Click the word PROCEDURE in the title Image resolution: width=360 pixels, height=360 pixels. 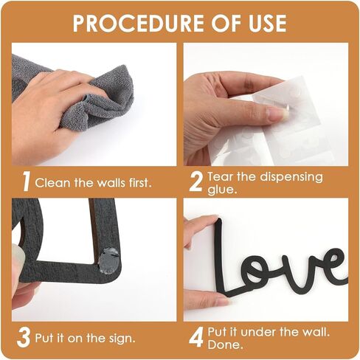[x=139, y=24]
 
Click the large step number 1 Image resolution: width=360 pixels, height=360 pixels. [x=27, y=181]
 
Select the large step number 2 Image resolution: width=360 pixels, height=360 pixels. [x=196, y=181]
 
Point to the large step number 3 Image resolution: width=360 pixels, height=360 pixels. [x=24, y=337]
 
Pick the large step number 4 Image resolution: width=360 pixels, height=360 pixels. [x=196, y=337]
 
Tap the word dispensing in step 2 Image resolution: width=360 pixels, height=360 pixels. [x=291, y=178]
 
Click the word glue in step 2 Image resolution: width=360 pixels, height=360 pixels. [x=221, y=190]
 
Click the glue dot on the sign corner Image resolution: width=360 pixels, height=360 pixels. [x=109, y=259]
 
